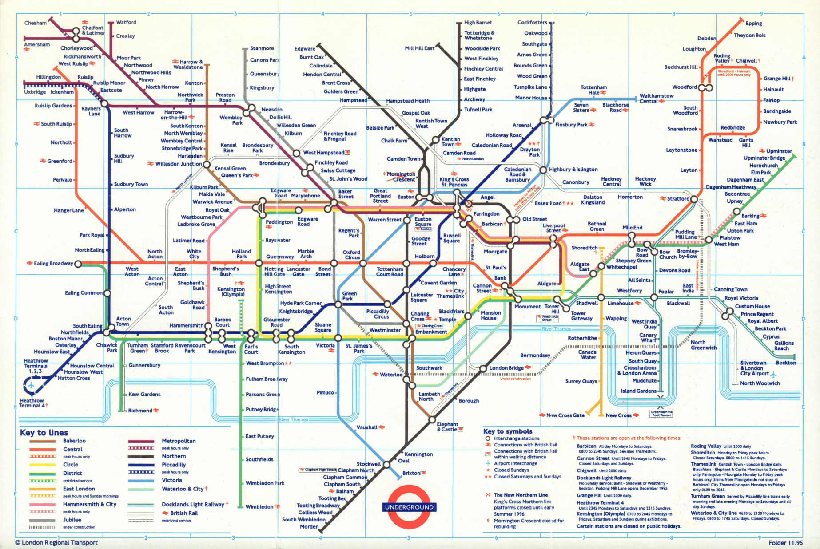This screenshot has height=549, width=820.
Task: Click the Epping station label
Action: coord(753,24)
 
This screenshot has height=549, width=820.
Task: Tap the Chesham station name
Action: coord(35,23)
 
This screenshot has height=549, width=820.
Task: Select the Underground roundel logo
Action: coord(409,507)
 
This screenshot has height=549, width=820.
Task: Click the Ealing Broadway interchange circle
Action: coord(78,264)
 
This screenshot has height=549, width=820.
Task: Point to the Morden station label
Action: coord(309,527)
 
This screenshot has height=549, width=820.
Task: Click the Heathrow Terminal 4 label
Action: coord(32,403)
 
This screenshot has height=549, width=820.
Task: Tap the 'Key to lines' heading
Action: coord(44,433)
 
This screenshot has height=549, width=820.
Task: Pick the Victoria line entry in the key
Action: coord(172,480)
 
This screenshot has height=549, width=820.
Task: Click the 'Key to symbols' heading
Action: coord(508,431)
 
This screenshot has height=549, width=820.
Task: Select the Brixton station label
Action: coord(411,473)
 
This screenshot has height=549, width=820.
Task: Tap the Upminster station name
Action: coord(779,151)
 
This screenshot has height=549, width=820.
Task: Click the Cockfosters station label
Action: coord(532,23)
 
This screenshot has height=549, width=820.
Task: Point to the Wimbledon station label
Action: coord(259,507)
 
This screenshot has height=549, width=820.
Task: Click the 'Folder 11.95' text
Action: coord(785,543)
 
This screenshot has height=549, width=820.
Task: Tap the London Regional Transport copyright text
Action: coord(56,542)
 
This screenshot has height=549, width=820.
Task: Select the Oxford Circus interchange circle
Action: coord(363,263)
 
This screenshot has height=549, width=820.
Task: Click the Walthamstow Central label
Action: coord(656,99)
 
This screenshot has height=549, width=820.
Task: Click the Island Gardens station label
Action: coord(638,391)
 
